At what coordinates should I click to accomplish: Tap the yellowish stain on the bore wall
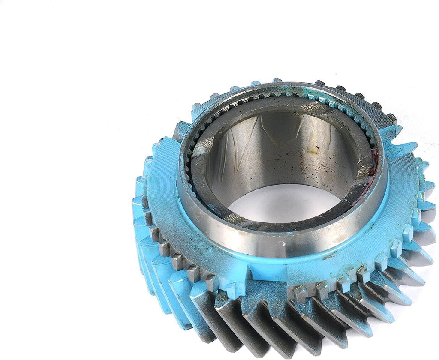[315, 149]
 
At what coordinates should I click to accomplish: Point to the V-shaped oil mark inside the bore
[274, 129]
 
